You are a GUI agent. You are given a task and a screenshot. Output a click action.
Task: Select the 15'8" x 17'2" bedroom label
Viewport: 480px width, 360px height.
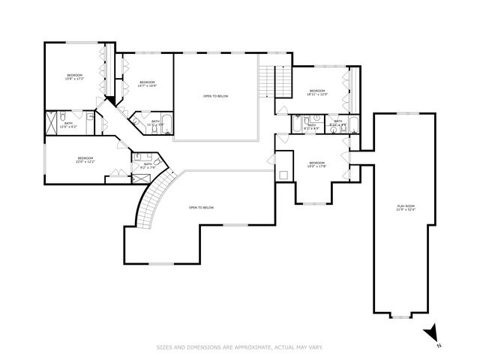[74, 77]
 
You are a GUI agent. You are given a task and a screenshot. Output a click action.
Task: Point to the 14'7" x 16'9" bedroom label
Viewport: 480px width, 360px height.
[147, 84]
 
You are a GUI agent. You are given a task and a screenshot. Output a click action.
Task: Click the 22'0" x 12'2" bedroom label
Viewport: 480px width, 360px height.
[85, 160]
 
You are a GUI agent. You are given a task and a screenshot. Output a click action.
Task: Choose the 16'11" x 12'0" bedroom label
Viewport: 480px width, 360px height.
[318, 92]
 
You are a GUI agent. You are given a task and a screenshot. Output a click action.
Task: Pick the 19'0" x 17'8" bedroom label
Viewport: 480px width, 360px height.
[317, 164]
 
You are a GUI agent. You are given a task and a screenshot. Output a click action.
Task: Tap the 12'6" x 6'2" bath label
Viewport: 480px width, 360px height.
[68, 124]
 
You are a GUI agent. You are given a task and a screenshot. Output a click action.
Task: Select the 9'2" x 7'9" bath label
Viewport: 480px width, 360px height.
[148, 165]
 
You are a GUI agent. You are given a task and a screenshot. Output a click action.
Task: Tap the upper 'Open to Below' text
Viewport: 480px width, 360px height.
[215, 96]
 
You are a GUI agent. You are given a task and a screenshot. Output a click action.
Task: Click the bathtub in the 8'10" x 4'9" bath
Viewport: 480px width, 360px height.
[353, 123]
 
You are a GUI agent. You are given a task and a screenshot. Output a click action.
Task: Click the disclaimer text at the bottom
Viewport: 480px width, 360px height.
[240, 346]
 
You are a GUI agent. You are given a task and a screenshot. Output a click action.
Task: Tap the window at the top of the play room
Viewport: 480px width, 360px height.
[408, 112]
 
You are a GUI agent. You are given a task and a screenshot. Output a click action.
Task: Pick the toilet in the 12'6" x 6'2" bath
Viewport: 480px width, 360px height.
[89, 116]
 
